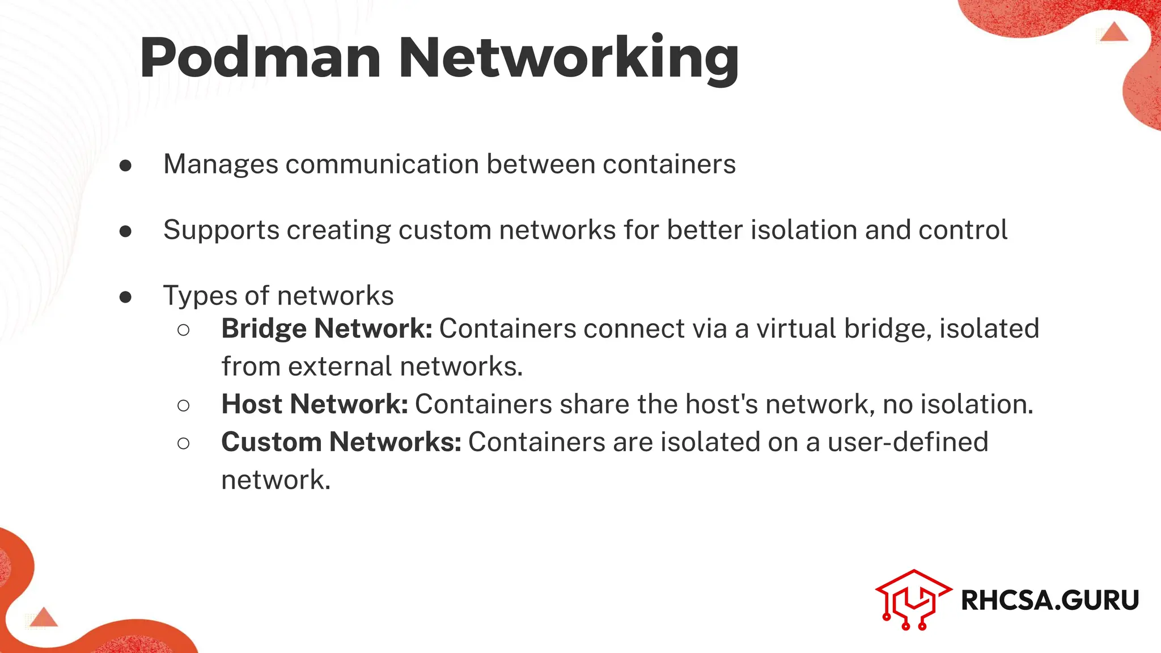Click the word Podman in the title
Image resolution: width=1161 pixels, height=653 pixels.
pos(260,58)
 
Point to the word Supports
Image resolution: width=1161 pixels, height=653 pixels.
pos(221,231)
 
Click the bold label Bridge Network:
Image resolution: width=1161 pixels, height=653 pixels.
pos(327,329)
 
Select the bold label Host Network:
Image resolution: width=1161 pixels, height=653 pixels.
pos(315,405)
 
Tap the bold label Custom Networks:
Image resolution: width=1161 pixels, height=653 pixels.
pos(341,442)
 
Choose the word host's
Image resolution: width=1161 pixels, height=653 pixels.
pos(721,405)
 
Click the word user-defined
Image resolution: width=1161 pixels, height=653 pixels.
pos(908,442)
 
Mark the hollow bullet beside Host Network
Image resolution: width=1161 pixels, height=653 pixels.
pos(183,405)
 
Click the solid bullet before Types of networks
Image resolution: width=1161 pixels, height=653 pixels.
pos(126,297)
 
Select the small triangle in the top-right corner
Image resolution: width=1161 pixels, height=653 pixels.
pos(1115,32)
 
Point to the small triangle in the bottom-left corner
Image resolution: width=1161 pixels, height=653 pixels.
pos(44,617)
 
